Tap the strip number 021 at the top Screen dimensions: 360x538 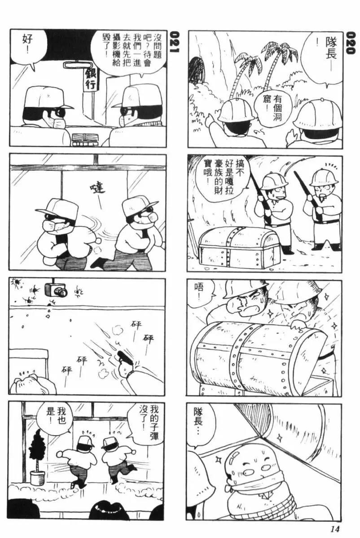click(175, 43)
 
